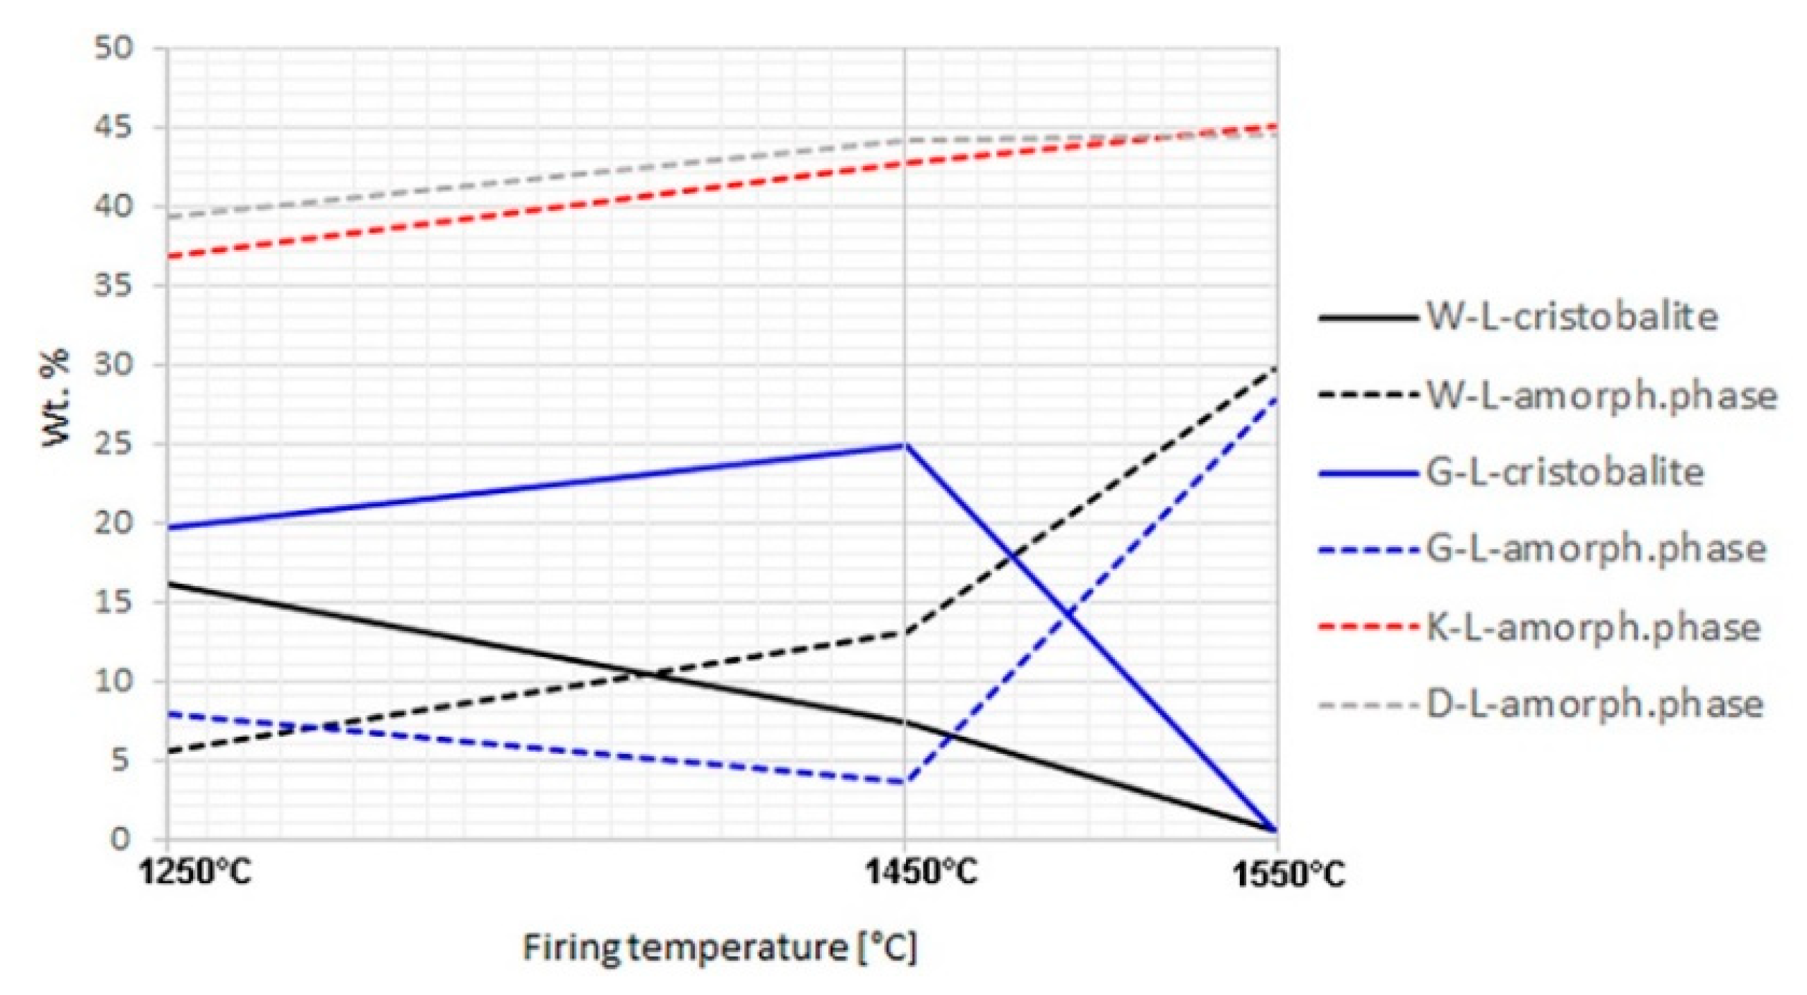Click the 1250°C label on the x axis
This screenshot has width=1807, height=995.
click(x=197, y=873)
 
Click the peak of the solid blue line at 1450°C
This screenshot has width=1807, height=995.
click(x=905, y=445)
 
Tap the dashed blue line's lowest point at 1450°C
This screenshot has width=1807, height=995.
click(x=905, y=782)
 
